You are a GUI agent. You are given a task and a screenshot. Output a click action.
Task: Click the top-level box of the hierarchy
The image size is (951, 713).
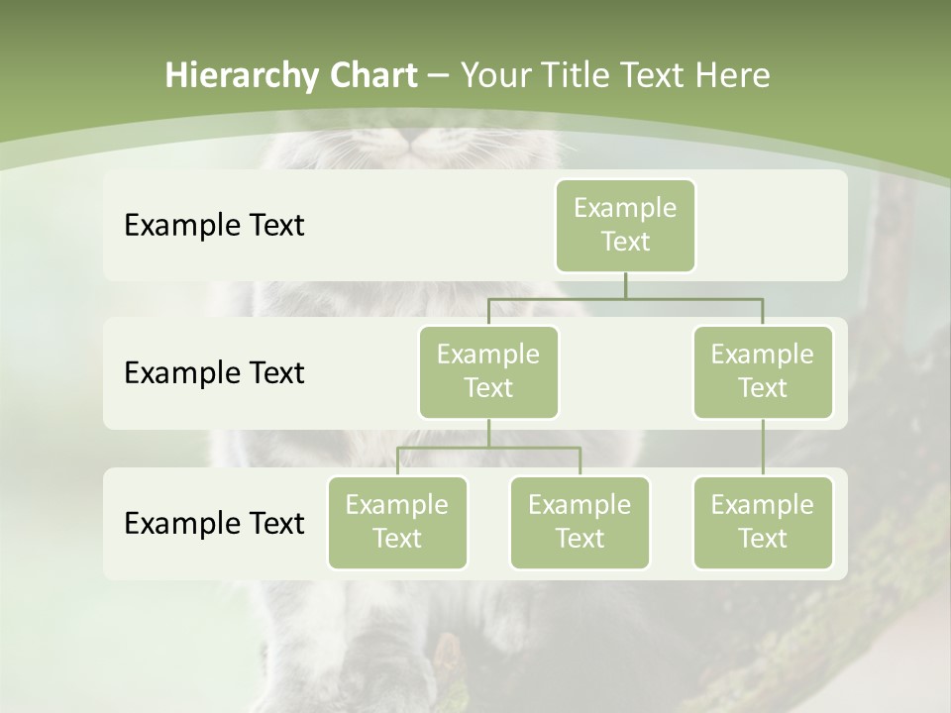click(625, 225)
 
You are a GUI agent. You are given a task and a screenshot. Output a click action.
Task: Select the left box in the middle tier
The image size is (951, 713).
click(488, 371)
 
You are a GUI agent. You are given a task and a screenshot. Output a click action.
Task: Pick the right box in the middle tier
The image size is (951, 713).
click(762, 371)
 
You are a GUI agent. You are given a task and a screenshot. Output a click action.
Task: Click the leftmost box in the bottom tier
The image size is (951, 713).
click(397, 522)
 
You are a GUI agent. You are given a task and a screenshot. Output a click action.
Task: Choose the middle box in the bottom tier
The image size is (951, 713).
click(580, 522)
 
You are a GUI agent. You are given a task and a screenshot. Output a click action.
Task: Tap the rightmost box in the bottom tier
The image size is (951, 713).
click(762, 522)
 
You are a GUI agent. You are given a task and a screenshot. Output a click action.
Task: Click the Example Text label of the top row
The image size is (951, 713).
click(214, 226)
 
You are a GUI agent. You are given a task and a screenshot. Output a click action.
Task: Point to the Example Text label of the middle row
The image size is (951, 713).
click(214, 373)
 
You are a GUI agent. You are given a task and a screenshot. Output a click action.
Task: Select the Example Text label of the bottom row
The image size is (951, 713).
click(214, 523)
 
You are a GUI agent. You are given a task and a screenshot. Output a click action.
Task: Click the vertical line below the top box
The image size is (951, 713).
click(625, 285)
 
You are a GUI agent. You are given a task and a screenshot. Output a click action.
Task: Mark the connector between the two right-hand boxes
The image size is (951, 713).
click(762, 448)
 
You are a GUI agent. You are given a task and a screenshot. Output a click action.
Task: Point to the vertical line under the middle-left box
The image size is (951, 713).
click(488, 433)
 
